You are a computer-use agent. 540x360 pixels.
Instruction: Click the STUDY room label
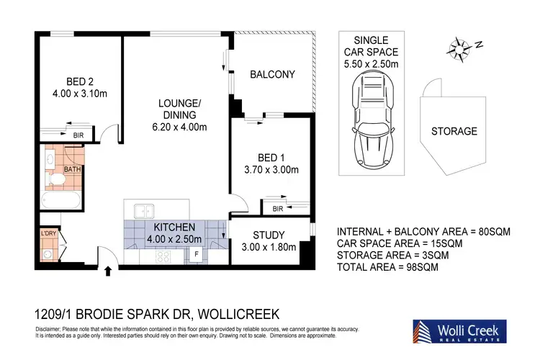point(269,235)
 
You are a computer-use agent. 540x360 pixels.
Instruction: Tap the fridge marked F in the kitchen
point(195,254)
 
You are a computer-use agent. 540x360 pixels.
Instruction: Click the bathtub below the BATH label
point(62,199)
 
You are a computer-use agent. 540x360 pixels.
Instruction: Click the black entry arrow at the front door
point(109,271)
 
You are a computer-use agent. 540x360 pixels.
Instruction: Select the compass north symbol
point(457,48)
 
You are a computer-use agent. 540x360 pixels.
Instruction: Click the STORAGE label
point(454,131)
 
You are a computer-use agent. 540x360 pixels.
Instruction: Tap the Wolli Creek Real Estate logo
point(459,330)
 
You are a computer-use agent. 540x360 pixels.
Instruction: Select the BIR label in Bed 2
point(78,135)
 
